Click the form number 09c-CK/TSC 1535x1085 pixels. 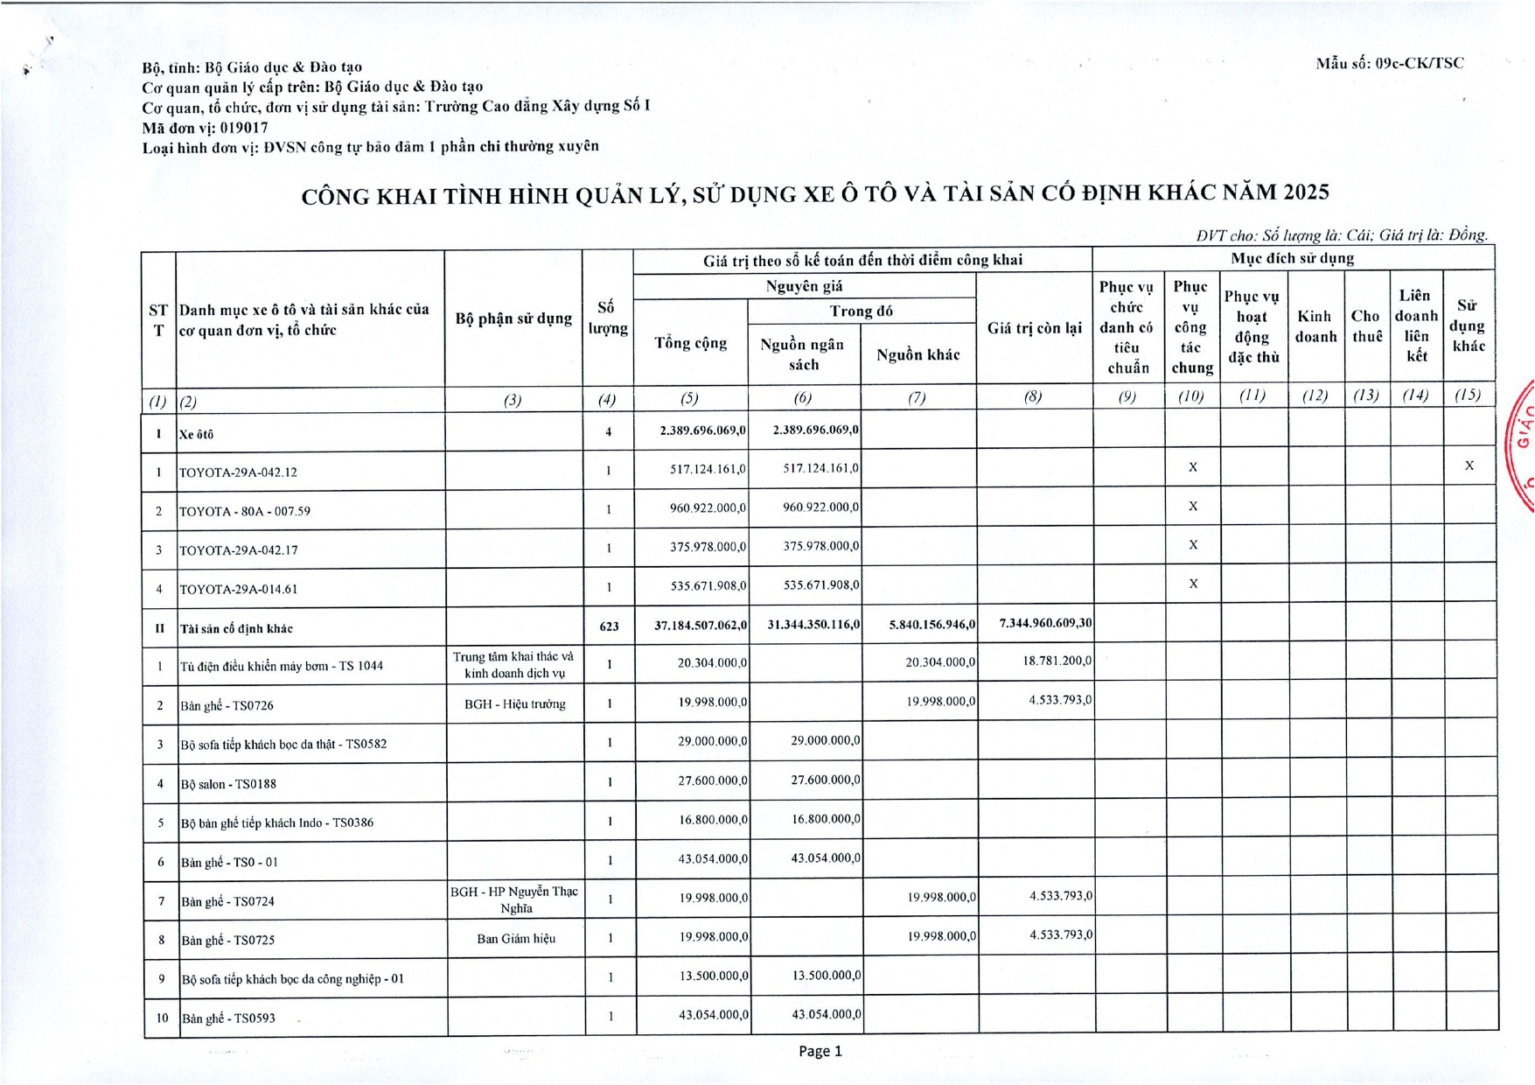point(1418,63)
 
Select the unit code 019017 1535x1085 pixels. point(244,127)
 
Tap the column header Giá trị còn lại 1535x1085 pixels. point(1034,328)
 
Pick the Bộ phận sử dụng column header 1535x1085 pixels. point(513,318)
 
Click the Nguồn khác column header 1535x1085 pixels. point(918,354)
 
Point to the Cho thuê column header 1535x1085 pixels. point(1366,325)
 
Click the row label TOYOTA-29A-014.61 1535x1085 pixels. point(238,589)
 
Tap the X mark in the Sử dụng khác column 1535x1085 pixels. point(1469,465)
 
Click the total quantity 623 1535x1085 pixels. point(609,626)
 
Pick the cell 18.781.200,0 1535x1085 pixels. point(1057,661)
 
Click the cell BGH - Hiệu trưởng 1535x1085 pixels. point(514,703)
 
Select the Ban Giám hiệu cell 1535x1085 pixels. point(515,939)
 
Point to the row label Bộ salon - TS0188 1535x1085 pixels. point(228,784)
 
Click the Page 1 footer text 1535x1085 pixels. point(820,1051)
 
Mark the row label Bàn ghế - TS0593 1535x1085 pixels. point(228,1018)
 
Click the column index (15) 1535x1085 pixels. point(1467,395)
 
